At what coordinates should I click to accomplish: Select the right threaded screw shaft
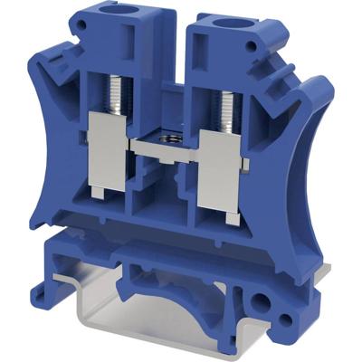pyautogui.click(x=222, y=99)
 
